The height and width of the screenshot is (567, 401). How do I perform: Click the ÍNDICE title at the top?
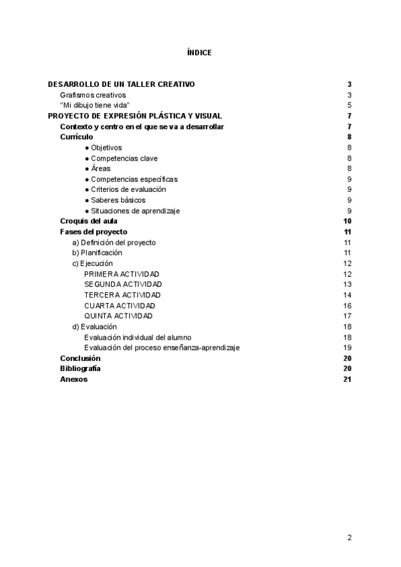[200, 52]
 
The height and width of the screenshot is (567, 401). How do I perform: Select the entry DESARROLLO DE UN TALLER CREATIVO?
[121, 84]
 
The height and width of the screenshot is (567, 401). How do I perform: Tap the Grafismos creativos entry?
[92, 95]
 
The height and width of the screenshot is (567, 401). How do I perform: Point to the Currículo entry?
[76, 136]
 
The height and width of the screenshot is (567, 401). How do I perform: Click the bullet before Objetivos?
[87, 148]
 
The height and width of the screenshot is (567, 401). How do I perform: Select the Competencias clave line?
[124, 158]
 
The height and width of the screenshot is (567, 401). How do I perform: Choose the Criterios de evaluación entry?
[128, 189]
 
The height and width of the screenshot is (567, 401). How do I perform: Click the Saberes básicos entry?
[118, 200]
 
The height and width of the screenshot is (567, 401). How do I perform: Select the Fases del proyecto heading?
[94, 232]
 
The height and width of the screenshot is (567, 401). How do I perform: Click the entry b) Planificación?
[97, 253]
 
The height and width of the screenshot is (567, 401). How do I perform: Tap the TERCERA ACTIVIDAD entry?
[122, 295]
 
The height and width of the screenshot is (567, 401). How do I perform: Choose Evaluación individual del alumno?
[142, 337]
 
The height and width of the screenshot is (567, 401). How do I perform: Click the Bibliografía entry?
[80, 368]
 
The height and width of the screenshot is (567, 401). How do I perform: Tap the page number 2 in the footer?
[349, 537]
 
